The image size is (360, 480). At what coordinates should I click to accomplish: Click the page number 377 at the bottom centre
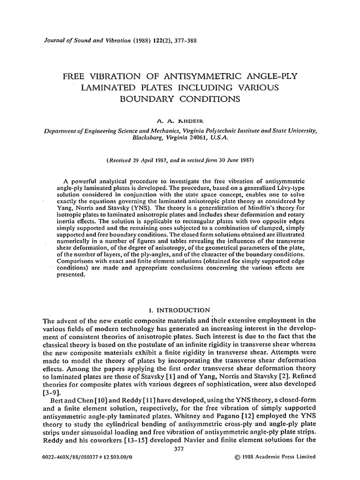(x=180, y=449)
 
